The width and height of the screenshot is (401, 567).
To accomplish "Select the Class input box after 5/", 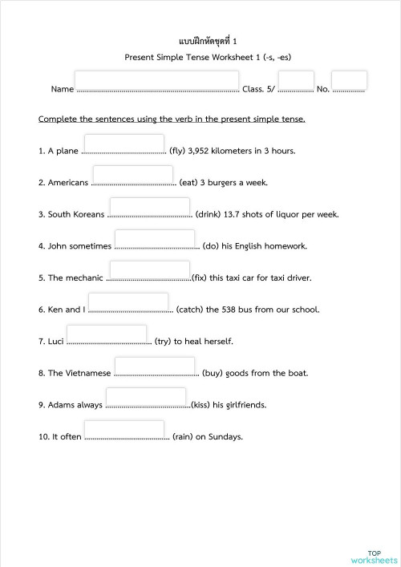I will [x=296, y=81].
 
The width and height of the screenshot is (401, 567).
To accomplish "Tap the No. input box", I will [x=349, y=80].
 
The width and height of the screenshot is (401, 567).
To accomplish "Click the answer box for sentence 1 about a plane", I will [x=124, y=144].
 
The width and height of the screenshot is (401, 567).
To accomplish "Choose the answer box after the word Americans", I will [x=132, y=175].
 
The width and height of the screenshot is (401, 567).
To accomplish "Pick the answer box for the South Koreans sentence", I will [x=149, y=207].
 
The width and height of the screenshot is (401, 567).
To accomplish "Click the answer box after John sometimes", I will [x=155, y=239].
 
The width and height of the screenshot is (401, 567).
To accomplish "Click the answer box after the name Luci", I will [x=107, y=334].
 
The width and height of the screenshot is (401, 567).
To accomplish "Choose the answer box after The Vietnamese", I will [x=155, y=366].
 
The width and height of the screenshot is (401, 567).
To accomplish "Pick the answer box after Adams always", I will [x=145, y=398].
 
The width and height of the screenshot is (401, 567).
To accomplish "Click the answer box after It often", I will [x=124, y=430].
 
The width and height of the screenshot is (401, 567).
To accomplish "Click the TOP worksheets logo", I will [x=374, y=557].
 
